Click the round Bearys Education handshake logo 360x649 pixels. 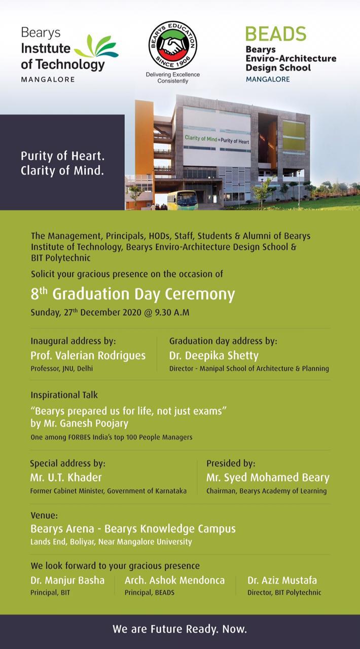pos(172,45)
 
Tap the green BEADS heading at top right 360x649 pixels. pos(275,34)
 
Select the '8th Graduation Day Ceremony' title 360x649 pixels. pos(133,294)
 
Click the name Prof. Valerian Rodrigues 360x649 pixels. pos(88,355)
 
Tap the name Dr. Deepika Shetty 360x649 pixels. pos(213,355)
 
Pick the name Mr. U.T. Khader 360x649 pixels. pos(66,478)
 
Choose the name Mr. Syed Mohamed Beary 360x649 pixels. pos(268,478)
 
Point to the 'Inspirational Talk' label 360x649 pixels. pos(64,394)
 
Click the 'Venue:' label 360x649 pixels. pos(44,516)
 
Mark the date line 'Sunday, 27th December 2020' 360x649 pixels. pos(110,312)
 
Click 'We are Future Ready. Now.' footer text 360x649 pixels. pos(179,630)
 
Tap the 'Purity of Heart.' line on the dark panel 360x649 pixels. pos(62,156)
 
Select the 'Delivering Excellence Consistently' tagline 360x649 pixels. pos(173,78)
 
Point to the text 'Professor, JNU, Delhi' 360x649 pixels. pos(61,369)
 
